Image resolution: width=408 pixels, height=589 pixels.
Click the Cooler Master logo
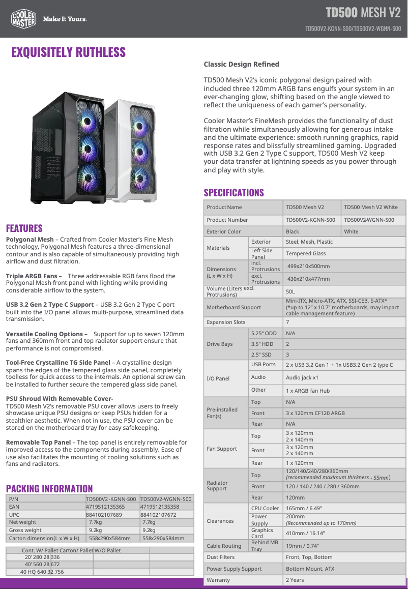click(23, 19)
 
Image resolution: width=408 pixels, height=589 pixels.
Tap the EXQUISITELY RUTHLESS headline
click(69, 52)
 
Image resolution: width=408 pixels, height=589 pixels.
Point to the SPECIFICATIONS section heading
click(234, 192)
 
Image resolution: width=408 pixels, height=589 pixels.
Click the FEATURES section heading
click(24, 228)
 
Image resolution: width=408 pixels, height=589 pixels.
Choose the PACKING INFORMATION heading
click(49, 489)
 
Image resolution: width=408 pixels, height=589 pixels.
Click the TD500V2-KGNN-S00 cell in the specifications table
click(310, 220)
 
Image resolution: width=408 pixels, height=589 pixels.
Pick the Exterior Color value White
click(351, 231)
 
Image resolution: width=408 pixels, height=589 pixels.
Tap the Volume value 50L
click(290, 291)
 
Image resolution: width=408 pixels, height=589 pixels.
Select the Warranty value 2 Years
click(295, 580)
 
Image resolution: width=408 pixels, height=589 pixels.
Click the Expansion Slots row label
click(226, 322)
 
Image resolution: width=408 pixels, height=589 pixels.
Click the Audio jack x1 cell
click(302, 377)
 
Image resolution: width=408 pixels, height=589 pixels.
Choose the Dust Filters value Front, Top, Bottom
click(309, 557)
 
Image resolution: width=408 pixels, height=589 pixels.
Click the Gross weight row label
click(25, 530)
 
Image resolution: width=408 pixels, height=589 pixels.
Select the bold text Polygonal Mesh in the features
click(30, 239)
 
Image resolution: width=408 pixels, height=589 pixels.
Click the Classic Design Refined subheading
click(241, 64)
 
